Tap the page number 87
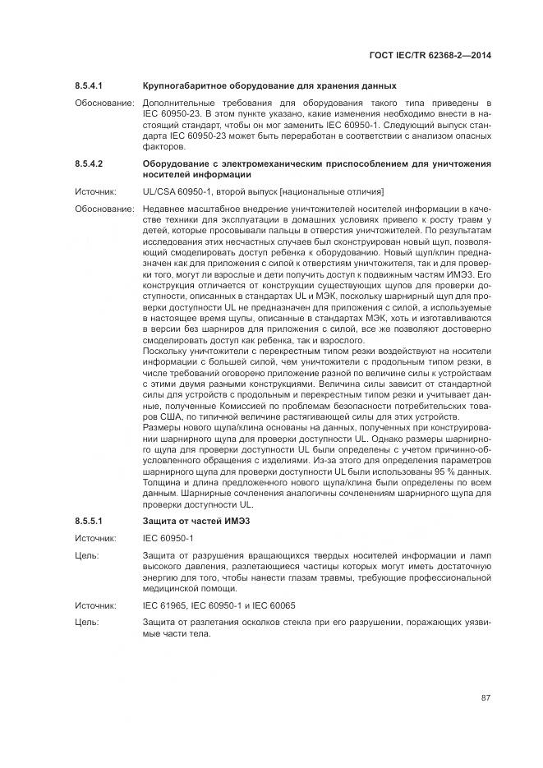485,698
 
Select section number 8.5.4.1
88,86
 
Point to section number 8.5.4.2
88,164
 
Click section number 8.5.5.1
88,522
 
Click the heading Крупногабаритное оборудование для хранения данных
269,86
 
